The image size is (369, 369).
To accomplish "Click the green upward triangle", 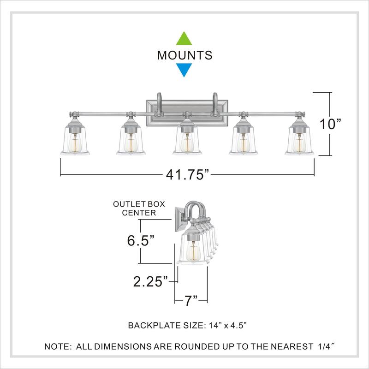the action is pyautogui.click(x=184, y=39).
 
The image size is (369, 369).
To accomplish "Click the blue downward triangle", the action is pyautogui.click(x=184, y=70).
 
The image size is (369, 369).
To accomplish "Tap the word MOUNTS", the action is pyautogui.click(x=185, y=55).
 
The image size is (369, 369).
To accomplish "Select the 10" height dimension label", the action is pyautogui.click(x=330, y=124).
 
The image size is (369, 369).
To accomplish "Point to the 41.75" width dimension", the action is pyautogui.click(x=187, y=175).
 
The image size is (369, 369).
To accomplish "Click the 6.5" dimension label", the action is pyautogui.click(x=141, y=240).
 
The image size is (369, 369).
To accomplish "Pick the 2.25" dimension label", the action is pyautogui.click(x=151, y=281).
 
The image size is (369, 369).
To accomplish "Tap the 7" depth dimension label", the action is pyautogui.click(x=190, y=301).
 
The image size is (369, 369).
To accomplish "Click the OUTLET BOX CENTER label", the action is pyautogui.click(x=139, y=208).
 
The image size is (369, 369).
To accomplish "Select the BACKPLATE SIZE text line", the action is pyautogui.click(x=187, y=326).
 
